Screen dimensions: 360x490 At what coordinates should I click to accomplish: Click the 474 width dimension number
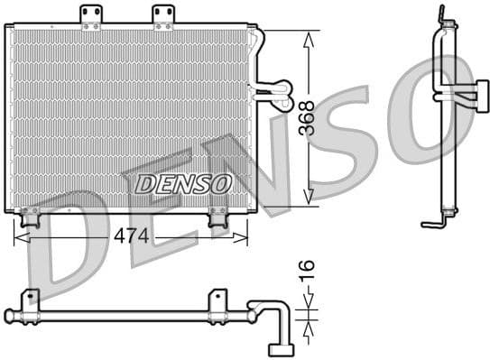(132, 236)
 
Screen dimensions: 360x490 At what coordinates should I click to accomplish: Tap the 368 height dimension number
(308, 117)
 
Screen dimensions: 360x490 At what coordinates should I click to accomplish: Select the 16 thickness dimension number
(308, 268)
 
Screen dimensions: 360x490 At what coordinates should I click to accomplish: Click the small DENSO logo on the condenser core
(183, 183)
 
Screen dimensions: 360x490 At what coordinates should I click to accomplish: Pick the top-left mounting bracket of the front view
(90, 16)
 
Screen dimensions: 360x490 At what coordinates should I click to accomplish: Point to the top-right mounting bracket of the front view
(162, 16)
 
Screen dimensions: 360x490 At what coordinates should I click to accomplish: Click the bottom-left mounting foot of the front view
(30, 217)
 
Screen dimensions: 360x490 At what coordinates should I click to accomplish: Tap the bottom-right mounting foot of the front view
(217, 217)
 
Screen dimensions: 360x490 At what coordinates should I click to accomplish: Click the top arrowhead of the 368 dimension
(309, 38)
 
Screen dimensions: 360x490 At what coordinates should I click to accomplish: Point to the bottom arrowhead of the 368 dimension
(309, 198)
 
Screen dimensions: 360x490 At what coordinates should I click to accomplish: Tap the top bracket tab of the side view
(441, 15)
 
